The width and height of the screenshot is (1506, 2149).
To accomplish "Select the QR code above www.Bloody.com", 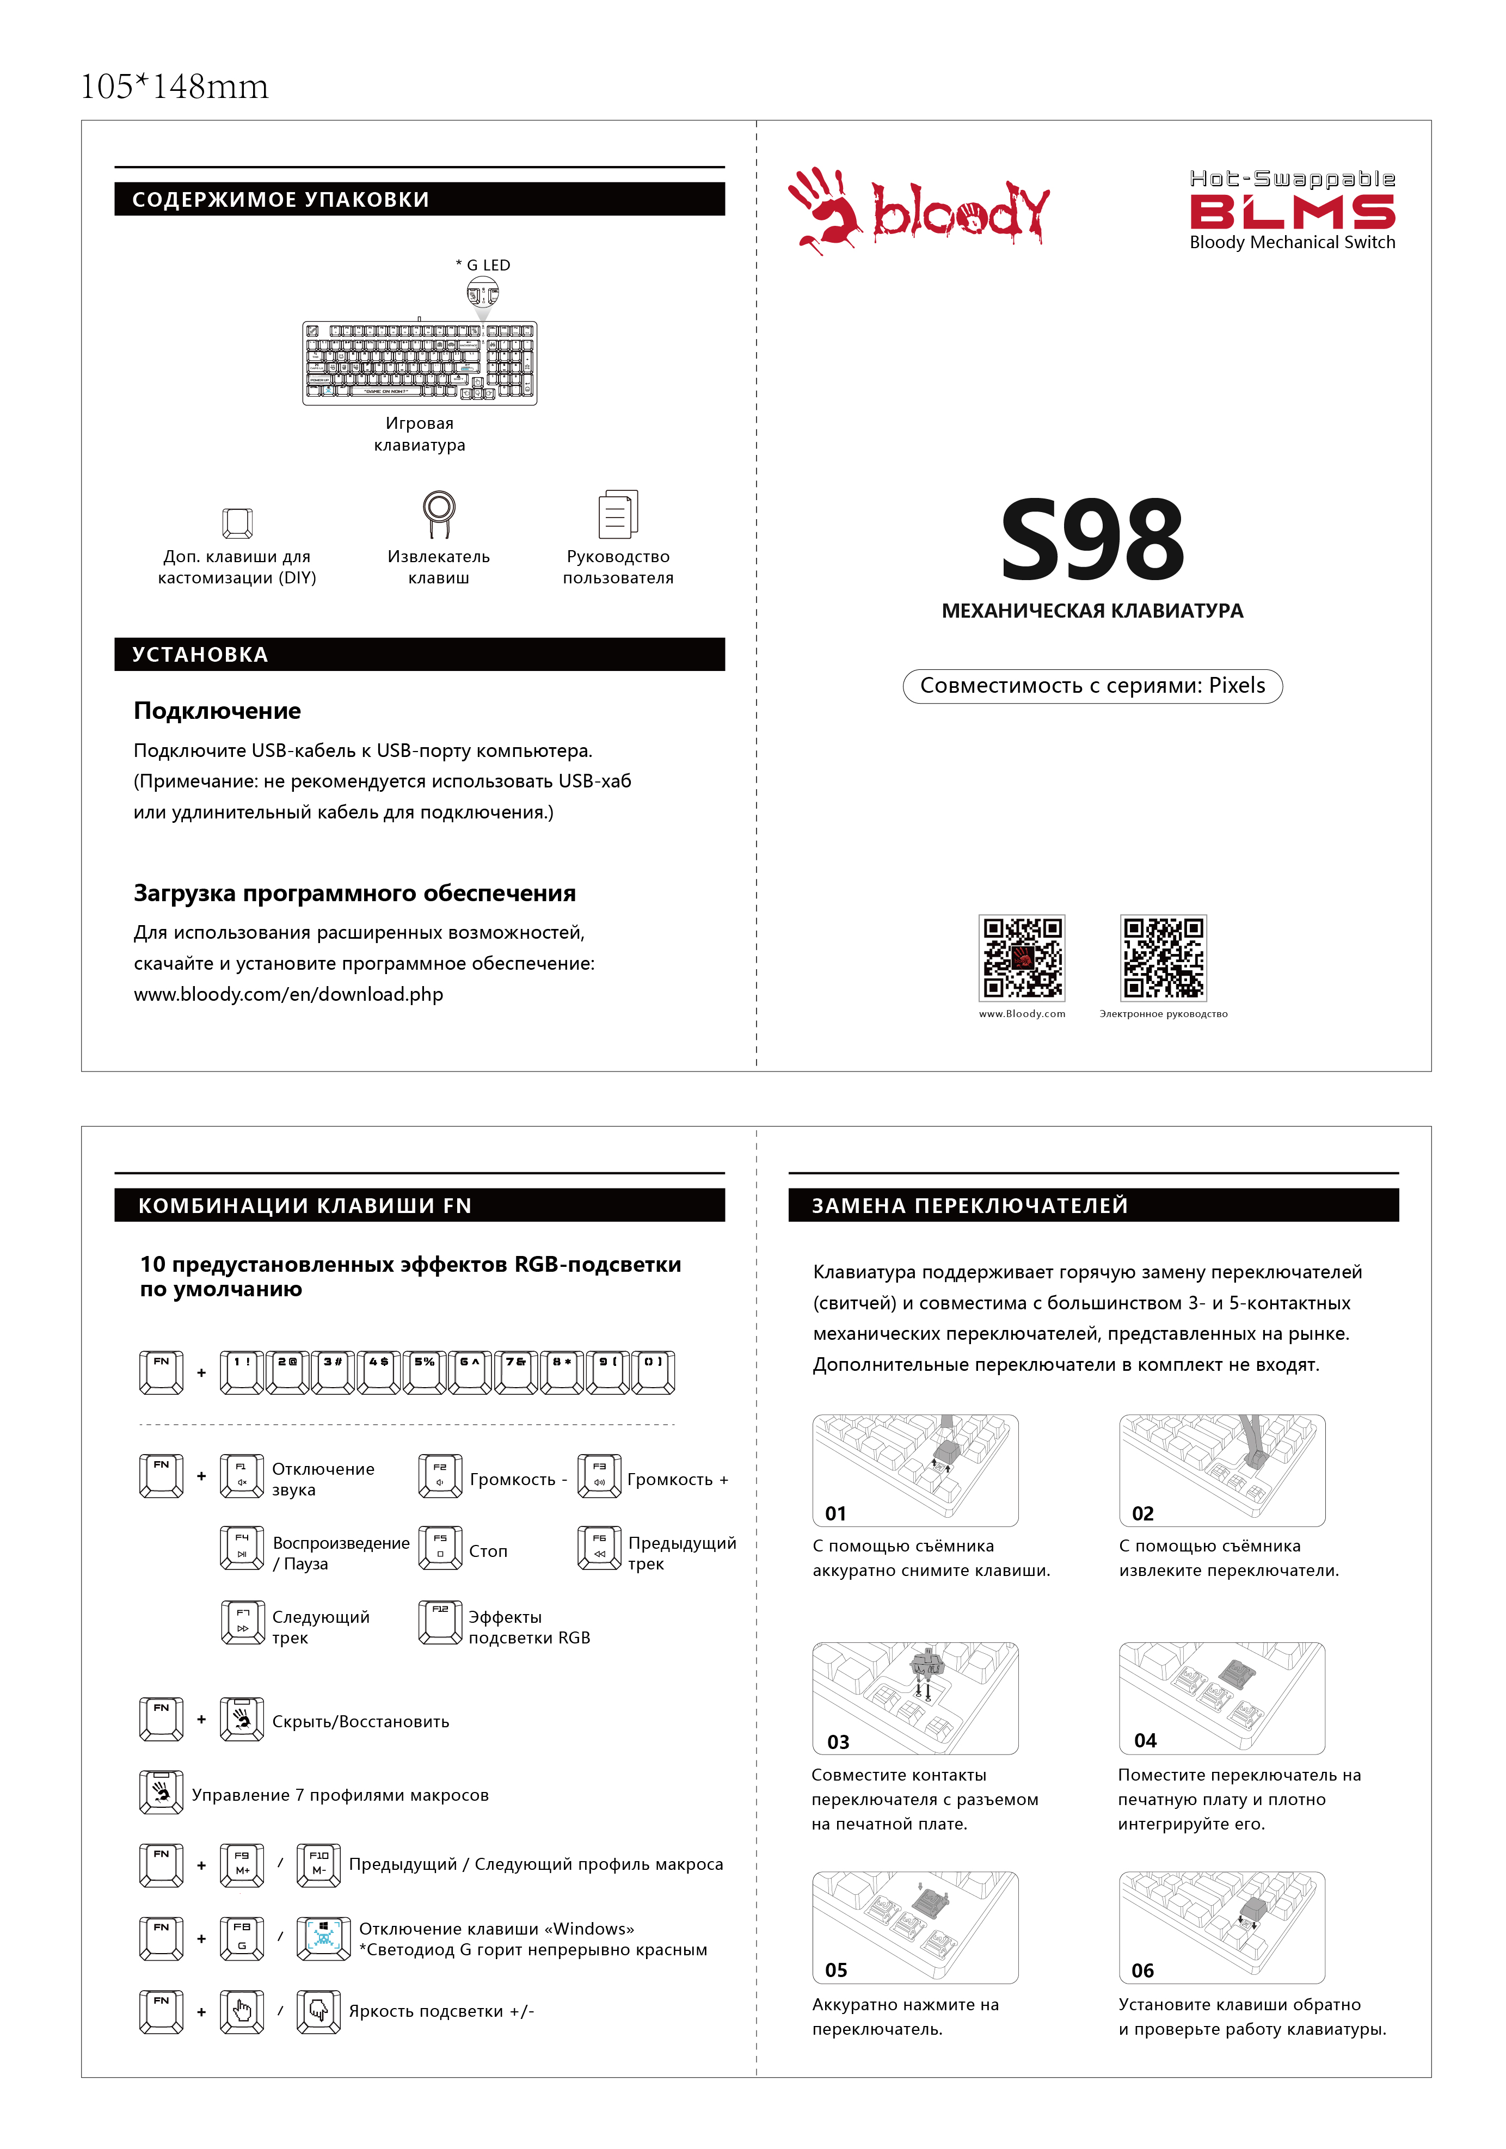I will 1021,958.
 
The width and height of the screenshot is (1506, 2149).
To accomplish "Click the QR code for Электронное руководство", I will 1164,958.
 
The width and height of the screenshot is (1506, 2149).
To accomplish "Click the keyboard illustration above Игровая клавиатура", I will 419,363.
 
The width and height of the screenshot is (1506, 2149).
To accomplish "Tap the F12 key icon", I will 440,1622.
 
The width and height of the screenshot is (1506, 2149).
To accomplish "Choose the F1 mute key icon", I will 242,1476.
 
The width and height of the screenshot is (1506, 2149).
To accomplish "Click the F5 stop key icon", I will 440,1548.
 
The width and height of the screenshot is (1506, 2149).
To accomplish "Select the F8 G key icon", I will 242,1937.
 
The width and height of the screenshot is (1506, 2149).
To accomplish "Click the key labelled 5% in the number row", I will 424,1372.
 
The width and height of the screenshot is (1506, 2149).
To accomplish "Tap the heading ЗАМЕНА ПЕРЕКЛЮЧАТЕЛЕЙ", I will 970,1205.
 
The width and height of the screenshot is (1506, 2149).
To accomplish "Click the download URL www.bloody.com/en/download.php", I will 288,994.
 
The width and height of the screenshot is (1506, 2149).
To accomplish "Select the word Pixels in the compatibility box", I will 1237,685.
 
